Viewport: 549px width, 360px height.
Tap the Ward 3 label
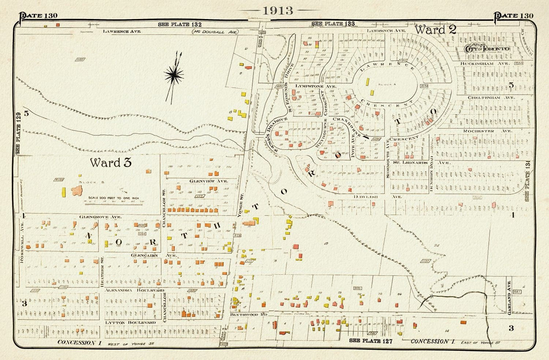coord(111,162)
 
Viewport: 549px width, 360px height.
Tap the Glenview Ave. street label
coord(208,181)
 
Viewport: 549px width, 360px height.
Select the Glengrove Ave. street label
coord(100,217)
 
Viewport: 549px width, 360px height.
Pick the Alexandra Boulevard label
coord(134,290)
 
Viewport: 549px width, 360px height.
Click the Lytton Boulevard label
coord(130,322)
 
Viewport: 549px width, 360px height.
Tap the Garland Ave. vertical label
coord(509,300)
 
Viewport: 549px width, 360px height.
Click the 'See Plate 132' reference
coord(180,24)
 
